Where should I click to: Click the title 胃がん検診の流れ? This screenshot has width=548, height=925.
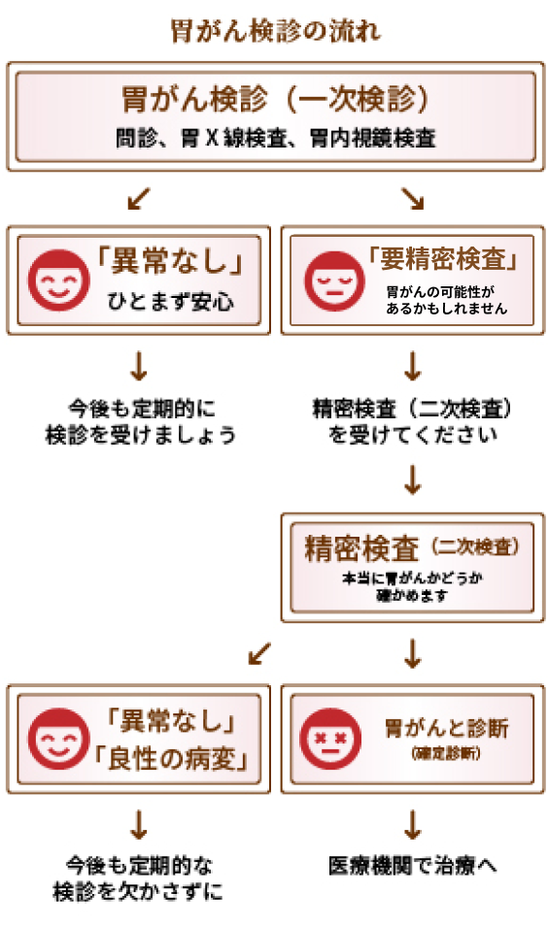coord(275,31)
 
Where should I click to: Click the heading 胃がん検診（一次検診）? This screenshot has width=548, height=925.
coord(275,98)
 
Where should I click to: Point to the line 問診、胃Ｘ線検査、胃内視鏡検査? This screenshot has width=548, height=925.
coord(275,139)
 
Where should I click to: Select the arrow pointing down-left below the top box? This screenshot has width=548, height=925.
coord(139,199)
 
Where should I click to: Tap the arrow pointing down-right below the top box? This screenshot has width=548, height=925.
coord(413,199)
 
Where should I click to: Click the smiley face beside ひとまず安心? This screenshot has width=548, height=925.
coord(58,281)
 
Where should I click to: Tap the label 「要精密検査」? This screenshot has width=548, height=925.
coord(443,259)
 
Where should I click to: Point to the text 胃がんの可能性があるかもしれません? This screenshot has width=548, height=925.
coord(446,300)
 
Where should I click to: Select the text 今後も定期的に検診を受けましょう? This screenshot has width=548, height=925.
coord(141,421)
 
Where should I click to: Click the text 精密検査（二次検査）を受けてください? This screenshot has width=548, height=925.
coord(413,421)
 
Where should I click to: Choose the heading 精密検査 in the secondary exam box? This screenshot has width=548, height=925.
coord(361,548)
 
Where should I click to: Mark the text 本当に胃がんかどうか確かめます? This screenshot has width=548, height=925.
coord(413,586)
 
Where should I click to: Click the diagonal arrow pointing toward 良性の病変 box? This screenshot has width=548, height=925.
coord(259,653)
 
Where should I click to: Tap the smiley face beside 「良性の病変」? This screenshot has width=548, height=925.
coord(58,739)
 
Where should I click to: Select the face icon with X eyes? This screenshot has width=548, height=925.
coord(330,739)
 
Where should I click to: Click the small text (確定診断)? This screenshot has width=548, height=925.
coord(446,753)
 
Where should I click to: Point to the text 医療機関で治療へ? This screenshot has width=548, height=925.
coord(413,866)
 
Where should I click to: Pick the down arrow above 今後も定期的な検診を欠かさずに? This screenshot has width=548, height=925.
coord(139,825)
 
